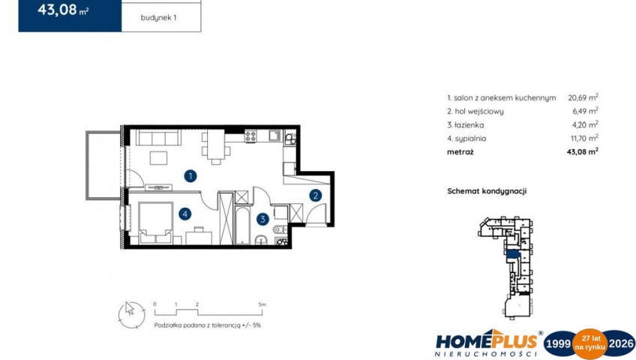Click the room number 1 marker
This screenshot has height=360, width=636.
(190, 176)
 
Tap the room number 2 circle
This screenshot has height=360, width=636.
(315, 196)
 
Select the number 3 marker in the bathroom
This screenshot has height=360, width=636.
(262, 219)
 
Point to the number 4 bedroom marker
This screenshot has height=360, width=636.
(185, 214)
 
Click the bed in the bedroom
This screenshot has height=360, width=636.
(155, 223)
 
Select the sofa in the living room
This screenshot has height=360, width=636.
(158, 137)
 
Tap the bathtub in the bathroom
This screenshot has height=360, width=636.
(242, 226)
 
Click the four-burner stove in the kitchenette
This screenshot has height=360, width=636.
(250, 136)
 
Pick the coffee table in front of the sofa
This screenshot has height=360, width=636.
(158, 157)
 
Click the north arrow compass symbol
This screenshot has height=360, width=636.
(131, 314)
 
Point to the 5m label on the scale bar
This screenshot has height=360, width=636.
(262, 304)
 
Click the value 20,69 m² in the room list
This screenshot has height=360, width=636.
(583, 97)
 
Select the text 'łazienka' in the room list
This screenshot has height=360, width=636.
(469, 124)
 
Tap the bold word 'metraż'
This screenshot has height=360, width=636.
(460, 152)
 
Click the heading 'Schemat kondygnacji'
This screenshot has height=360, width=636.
(487, 191)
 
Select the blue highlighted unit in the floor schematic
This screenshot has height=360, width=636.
(513, 253)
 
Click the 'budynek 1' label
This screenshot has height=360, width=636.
(158, 18)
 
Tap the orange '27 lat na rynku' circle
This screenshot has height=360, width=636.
(589, 343)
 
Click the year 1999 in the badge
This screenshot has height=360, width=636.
(558, 343)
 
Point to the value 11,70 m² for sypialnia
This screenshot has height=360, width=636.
(584, 138)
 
